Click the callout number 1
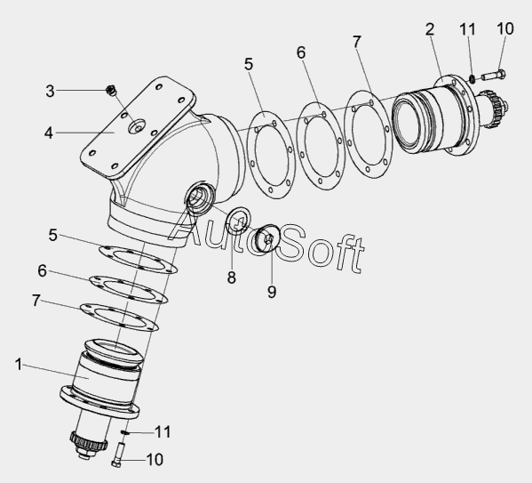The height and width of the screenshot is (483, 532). (x=19, y=365)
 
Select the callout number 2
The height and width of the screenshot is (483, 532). (x=430, y=29)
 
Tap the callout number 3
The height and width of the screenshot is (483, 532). (x=50, y=91)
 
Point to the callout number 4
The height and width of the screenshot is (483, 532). (x=49, y=133)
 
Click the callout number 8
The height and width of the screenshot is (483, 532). (x=232, y=278)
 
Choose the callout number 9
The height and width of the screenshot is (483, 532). (x=272, y=292)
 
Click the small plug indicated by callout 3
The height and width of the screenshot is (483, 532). (x=110, y=91)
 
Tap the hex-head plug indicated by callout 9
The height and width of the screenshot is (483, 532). (x=267, y=238)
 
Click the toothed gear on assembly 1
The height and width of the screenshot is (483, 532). (x=88, y=441)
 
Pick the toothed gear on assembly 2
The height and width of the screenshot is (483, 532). (x=493, y=106)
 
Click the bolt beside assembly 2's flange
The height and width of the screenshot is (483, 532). (x=493, y=75)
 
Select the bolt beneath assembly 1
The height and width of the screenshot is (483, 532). (x=118, y=455)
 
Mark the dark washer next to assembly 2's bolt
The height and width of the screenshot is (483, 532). (x=472, y=79)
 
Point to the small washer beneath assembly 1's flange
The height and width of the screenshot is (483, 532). (x=125, y=432)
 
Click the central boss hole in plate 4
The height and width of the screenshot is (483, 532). (x=137, y=126)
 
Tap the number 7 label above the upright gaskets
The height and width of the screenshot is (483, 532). (x=356, y=43)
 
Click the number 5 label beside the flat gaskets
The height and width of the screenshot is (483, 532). (x=52, y=235)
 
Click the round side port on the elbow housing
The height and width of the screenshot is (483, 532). (x=200, y=197)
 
